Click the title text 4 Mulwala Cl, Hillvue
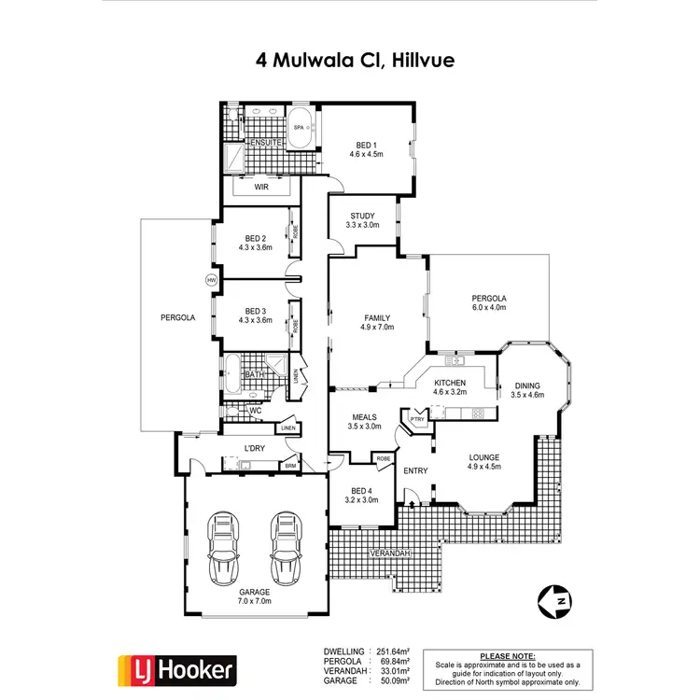349,61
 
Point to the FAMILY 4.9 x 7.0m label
377,322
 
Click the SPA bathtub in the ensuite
300,133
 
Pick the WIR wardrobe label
261,187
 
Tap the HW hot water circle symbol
211,280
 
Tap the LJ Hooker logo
176,669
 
